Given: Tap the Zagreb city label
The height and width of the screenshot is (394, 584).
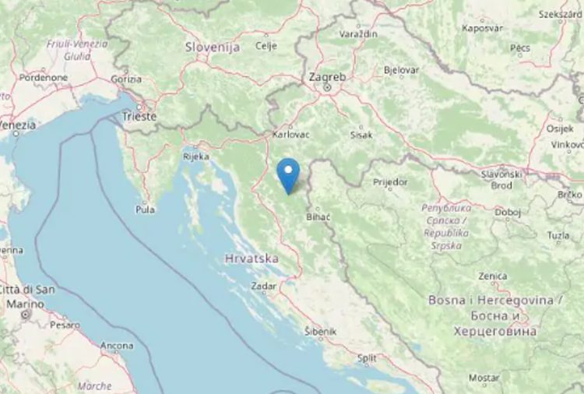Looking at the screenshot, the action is [x=327, y=77].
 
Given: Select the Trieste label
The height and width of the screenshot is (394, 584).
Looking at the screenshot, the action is [x=139, y=117].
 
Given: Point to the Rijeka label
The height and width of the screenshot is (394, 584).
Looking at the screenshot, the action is [x=195, y=157].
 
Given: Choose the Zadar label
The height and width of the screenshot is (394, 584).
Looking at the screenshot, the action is [x=263, y=286].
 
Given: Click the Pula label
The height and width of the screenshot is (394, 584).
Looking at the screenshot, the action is [x=145, y=209].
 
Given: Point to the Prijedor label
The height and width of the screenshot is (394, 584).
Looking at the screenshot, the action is [x=390, y=182].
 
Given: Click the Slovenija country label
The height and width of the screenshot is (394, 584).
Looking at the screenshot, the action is [x=212, y=47].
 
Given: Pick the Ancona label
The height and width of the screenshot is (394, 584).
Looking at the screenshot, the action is [x=116, y=345].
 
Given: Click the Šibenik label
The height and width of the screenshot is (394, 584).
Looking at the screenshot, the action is [x=320, y=332].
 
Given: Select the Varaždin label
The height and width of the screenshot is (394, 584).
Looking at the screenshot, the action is [x=358, y=34].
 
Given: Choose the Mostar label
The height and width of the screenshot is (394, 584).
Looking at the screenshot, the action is [x=484, y=378].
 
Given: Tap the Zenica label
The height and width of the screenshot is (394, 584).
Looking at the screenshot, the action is [x=493, y=276].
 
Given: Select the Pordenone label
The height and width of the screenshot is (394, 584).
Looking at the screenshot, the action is [x=44, y=78].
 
